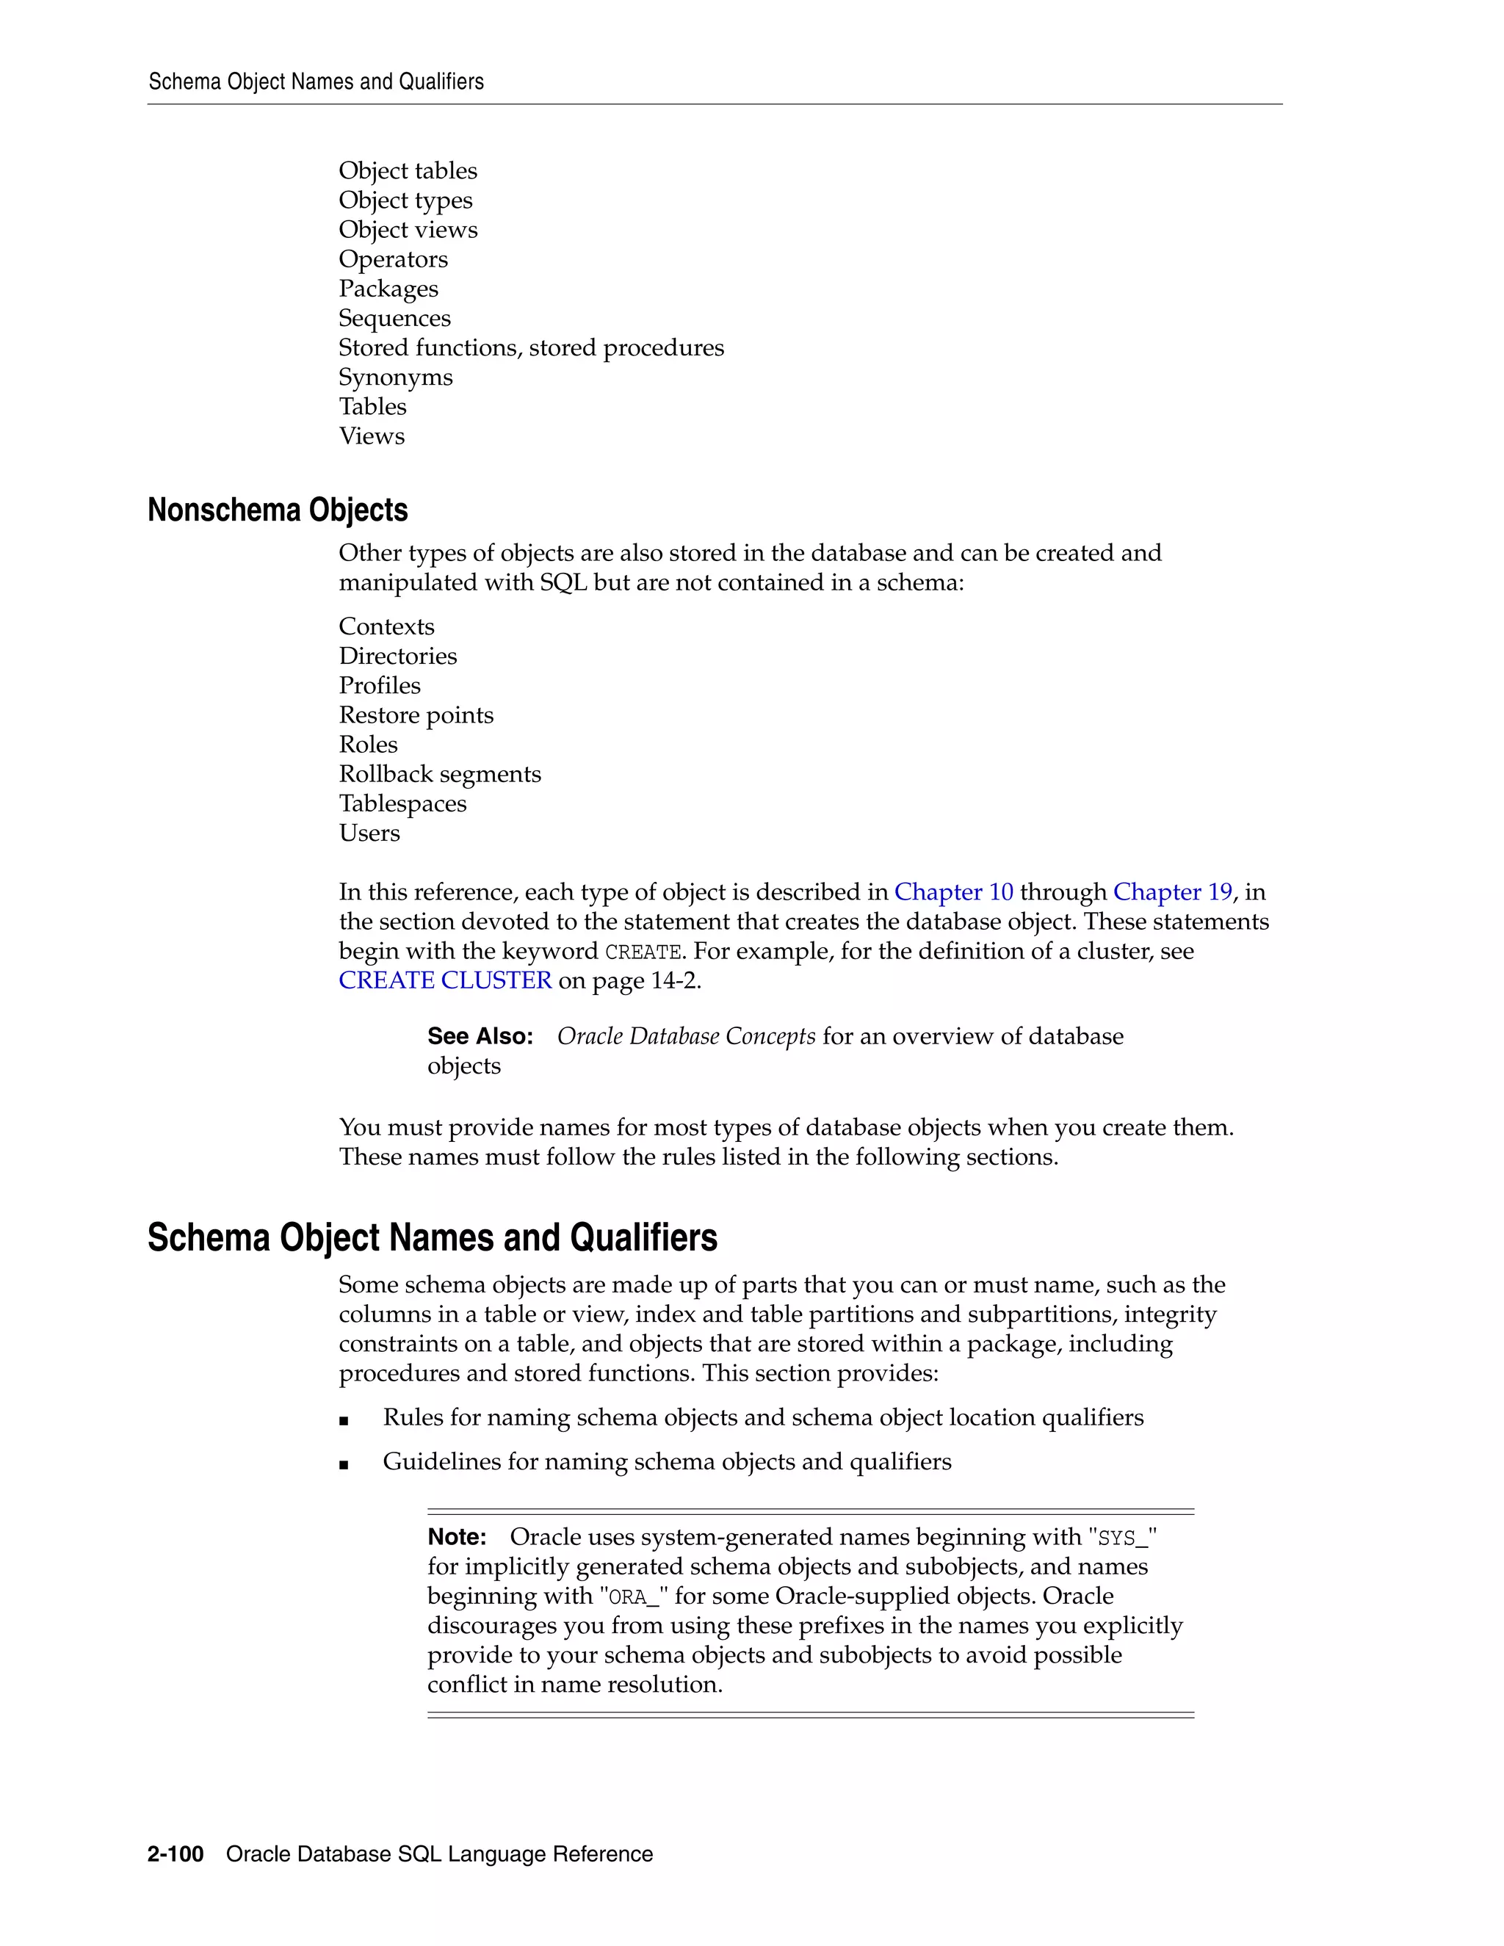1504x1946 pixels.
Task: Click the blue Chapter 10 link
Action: (x=953, y=892)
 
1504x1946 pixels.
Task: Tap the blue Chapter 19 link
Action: (x=1173, y=892)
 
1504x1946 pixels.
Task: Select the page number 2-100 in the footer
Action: (x=176, y=1854)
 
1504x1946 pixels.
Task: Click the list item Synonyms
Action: (x=396, y=377)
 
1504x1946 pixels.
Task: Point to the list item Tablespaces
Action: (x=402, y=803)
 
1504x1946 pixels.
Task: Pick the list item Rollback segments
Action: (x=439, y=774)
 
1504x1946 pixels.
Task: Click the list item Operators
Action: (x=393, y=259)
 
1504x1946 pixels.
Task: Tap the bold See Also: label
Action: (x=480, y=1036)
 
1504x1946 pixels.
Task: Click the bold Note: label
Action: (x=456, y=1537)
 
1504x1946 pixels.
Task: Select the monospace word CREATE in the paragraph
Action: (x=643, y=952)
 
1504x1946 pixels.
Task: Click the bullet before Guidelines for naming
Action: (x=344, y=1464)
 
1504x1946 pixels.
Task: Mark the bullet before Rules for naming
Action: (x=344, y=1419)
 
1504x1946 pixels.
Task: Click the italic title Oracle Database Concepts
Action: (x=686, y=1036)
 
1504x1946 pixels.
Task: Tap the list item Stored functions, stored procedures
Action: (x=531, y=347)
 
